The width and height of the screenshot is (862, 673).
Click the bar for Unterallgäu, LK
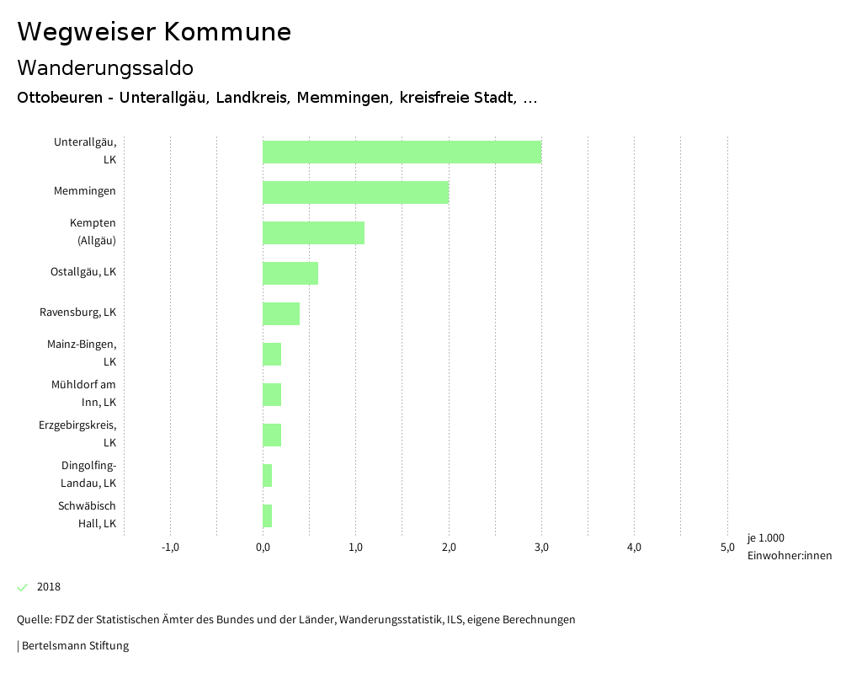point(402,152)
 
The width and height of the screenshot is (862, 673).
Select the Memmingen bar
point(355,192)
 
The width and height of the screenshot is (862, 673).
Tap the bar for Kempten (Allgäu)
point(313,232)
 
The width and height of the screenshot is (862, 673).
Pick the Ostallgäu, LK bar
point(290,273)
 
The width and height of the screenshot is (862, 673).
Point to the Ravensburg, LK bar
point(281,313)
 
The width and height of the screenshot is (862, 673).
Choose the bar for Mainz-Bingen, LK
point(272,354)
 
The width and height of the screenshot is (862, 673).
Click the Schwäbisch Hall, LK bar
point(268,515)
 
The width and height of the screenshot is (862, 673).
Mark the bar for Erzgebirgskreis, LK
point(272,435)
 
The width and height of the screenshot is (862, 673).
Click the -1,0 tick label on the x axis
point(170,547)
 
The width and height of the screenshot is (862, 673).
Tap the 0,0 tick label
point(263,547)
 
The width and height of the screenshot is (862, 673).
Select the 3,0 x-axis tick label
point(541,547)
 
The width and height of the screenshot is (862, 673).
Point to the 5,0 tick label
point(726,547)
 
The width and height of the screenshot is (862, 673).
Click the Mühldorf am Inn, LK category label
point(83,393)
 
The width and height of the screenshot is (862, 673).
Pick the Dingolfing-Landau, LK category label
point(88,474)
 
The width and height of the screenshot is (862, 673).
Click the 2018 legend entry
point(49,587)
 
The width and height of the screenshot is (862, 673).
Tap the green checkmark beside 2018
point(23,587)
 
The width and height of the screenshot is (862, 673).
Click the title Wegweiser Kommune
point(154,32)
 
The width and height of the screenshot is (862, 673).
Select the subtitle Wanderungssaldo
point(105,67)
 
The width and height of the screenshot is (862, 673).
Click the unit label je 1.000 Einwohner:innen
point(789,547)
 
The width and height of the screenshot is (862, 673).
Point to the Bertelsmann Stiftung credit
point(74,646)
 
